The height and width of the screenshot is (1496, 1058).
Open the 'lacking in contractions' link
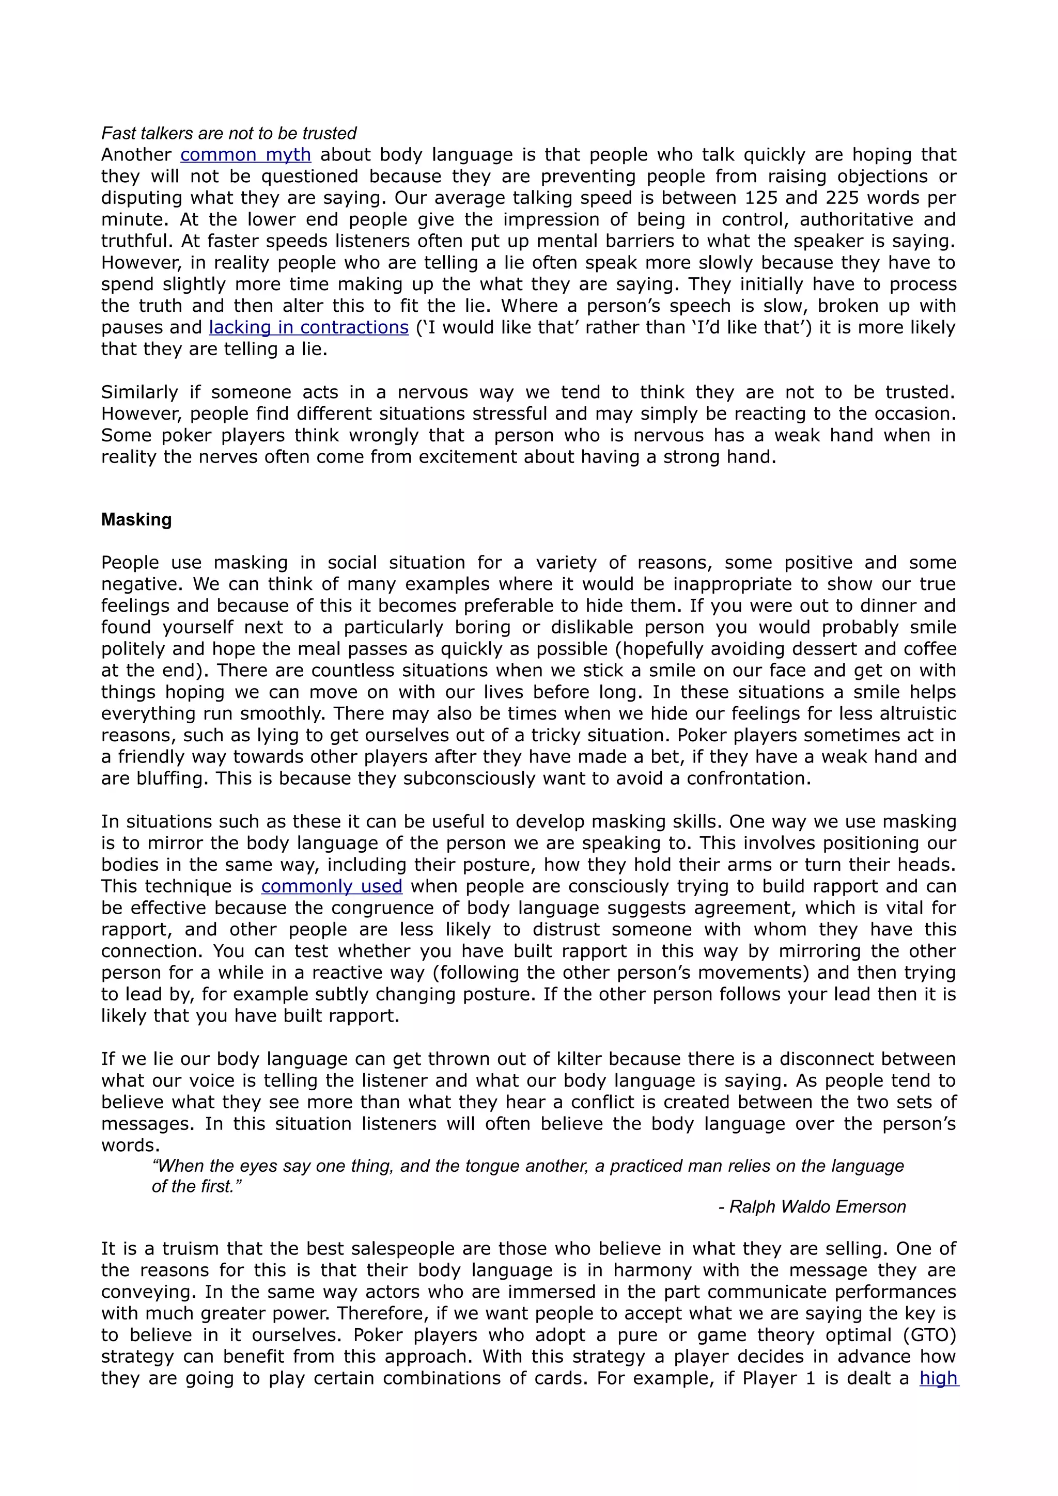click(308, 327)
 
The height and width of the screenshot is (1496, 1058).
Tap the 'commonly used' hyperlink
click(332, 886)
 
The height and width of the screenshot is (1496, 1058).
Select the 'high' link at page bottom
click(939, 1378)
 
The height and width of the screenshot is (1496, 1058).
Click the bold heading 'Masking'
click(136, 520)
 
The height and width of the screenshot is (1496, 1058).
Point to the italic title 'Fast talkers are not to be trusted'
click(229, 134)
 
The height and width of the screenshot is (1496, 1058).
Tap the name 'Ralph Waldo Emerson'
click(817, 1207)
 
